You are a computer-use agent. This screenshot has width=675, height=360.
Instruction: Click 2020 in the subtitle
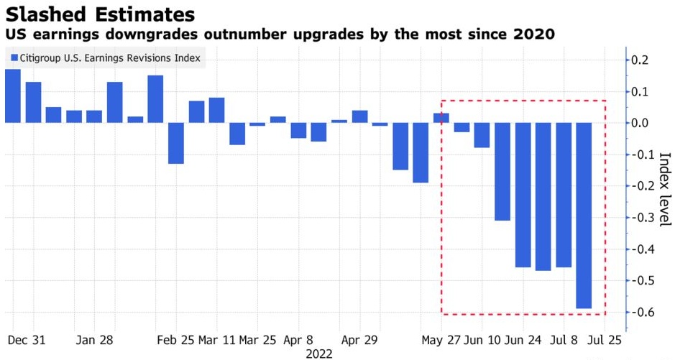pos(535,34)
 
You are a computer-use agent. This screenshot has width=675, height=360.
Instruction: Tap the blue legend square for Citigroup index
pos(14,58)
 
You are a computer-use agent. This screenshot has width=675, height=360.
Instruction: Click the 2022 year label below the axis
pos(320,353)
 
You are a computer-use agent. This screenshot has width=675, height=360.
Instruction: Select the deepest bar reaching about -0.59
pos(584,216)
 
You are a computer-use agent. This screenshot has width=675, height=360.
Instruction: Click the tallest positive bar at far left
pos(13,96)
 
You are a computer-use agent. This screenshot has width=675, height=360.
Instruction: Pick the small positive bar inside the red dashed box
pos(441,118)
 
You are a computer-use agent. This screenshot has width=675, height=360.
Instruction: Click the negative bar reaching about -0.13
pos(176,143)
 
